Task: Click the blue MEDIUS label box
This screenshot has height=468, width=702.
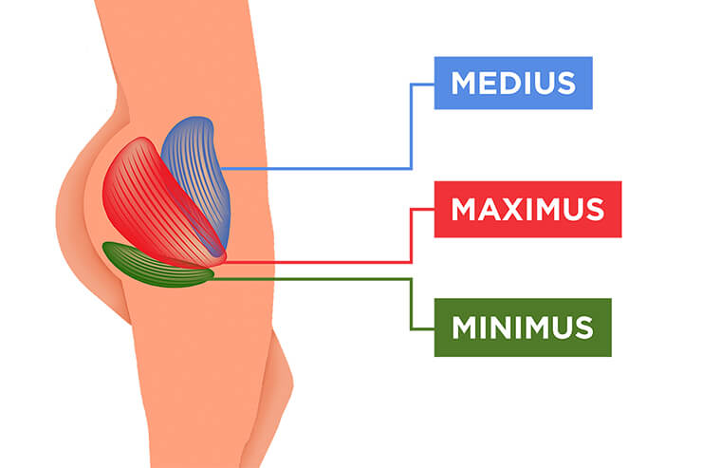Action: [x=512, y=83]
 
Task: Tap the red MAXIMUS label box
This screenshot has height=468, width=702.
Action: [x=527, y=208]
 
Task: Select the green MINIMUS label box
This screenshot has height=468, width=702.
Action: [x=522, y=327]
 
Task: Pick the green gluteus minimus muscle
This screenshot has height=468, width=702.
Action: [x=157, y=266]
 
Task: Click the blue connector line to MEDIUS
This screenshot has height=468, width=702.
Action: [x=323, y=168]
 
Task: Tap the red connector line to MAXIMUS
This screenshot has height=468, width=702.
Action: [x=323, y=261]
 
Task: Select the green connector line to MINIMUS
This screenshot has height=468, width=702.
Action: [x=313, y=279]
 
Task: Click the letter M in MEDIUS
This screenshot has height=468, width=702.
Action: [x=466, y=83]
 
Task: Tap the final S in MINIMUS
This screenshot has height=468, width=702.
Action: [x=582, y=328]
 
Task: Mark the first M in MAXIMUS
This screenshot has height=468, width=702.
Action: [x=466, y=209]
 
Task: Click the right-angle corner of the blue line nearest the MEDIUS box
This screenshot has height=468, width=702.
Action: [x=411, y=84]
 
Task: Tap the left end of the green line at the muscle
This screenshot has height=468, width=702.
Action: [x=211, y=279]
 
